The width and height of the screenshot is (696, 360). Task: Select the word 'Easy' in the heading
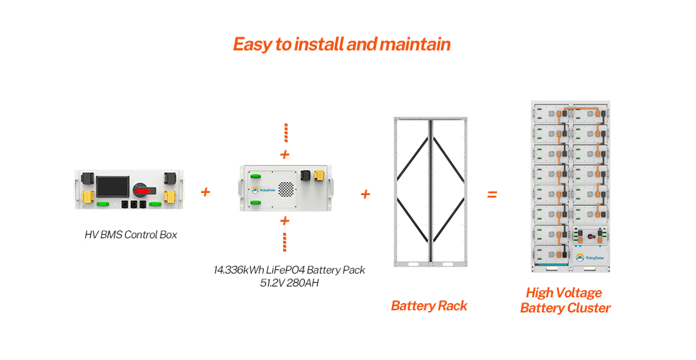[252, 44]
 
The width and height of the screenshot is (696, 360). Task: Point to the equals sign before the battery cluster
[492, 194]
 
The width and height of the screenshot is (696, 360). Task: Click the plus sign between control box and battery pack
[205, 192]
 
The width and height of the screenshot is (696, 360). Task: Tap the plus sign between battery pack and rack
[365, 194]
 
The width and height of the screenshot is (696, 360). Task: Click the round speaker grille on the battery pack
[286, 189]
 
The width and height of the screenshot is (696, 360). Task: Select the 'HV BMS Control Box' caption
[130, 235]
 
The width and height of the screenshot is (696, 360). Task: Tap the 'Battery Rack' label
[429, 306]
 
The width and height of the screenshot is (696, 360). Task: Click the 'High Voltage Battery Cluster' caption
[565, 300]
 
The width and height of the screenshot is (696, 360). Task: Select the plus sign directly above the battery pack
[285, 154]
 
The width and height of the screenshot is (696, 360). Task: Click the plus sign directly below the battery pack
[285, 220]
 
